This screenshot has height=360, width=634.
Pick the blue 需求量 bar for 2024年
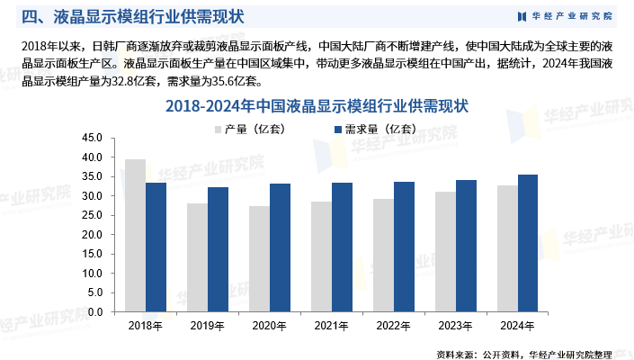coord(529,243)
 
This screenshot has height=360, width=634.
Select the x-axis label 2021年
coord(332,325)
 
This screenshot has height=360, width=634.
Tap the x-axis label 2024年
coord(518,325)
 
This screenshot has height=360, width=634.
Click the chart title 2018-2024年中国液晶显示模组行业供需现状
coord(317,105)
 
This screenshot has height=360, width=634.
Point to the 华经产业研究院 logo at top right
coord(566,16)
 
